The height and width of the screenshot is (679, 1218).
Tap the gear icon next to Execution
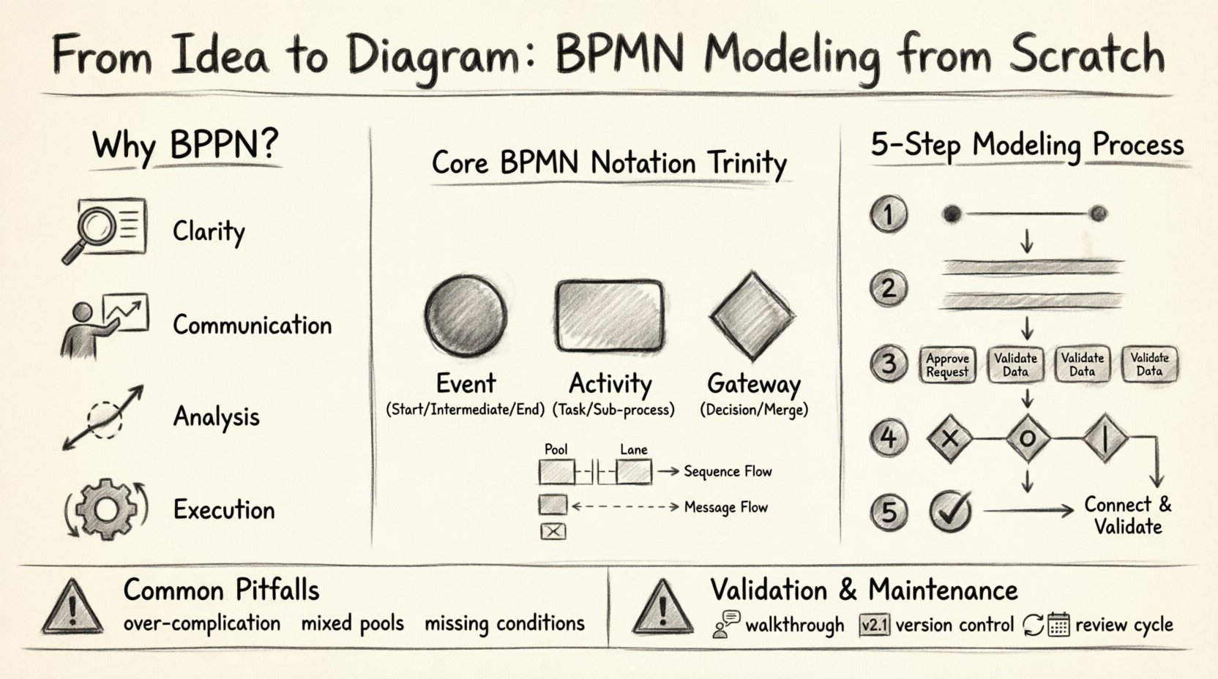pos(107,509)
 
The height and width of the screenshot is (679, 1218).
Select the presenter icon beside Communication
pos(104,326)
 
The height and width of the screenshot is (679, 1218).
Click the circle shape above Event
pos(466,316)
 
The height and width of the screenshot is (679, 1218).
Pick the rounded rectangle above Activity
pos(610,316)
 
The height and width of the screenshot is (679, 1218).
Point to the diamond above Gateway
pos(752,316)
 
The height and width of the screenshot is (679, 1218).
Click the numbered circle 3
pos(889,364)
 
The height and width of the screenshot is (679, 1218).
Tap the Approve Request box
pos(947,364)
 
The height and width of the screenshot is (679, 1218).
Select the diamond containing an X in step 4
pos(949,439)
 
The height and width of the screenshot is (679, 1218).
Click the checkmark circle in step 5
pos(951,511)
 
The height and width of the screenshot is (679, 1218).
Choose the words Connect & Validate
pos(1127,515)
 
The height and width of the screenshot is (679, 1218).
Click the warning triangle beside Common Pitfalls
pos(72,607)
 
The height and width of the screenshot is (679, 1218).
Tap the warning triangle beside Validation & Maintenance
pos(662,607)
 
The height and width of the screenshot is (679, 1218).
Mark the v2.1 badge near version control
pos(874,626)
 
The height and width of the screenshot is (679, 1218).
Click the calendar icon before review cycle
pos(1058,625)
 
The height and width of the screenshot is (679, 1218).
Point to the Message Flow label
pos(725,507)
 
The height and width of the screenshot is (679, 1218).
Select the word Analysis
pos(216,417)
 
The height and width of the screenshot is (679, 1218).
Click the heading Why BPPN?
pos(185,145)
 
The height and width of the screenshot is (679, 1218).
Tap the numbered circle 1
pos(889,214)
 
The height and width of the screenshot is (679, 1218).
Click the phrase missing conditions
pos(504,623)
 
